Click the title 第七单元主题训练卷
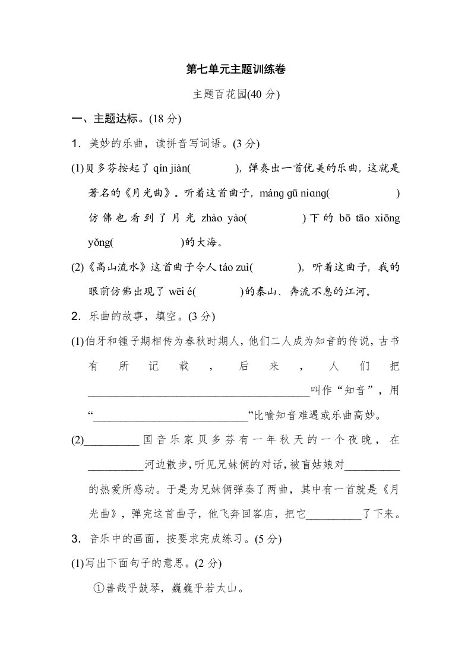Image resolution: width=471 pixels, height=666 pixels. pos(235,69)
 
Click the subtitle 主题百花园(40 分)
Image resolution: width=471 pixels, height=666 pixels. pos(235,94)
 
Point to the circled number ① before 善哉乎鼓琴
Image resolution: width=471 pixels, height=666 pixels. pos(99,589)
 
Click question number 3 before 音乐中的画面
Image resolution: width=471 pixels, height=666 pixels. pos(75,540)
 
